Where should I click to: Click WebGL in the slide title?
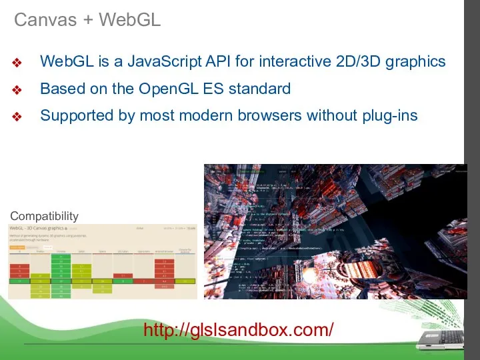130,20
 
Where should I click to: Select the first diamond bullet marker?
18,63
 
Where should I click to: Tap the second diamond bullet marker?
18,90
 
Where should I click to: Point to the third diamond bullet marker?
18,117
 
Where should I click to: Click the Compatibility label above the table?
44,216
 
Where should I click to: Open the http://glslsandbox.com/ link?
239,329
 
